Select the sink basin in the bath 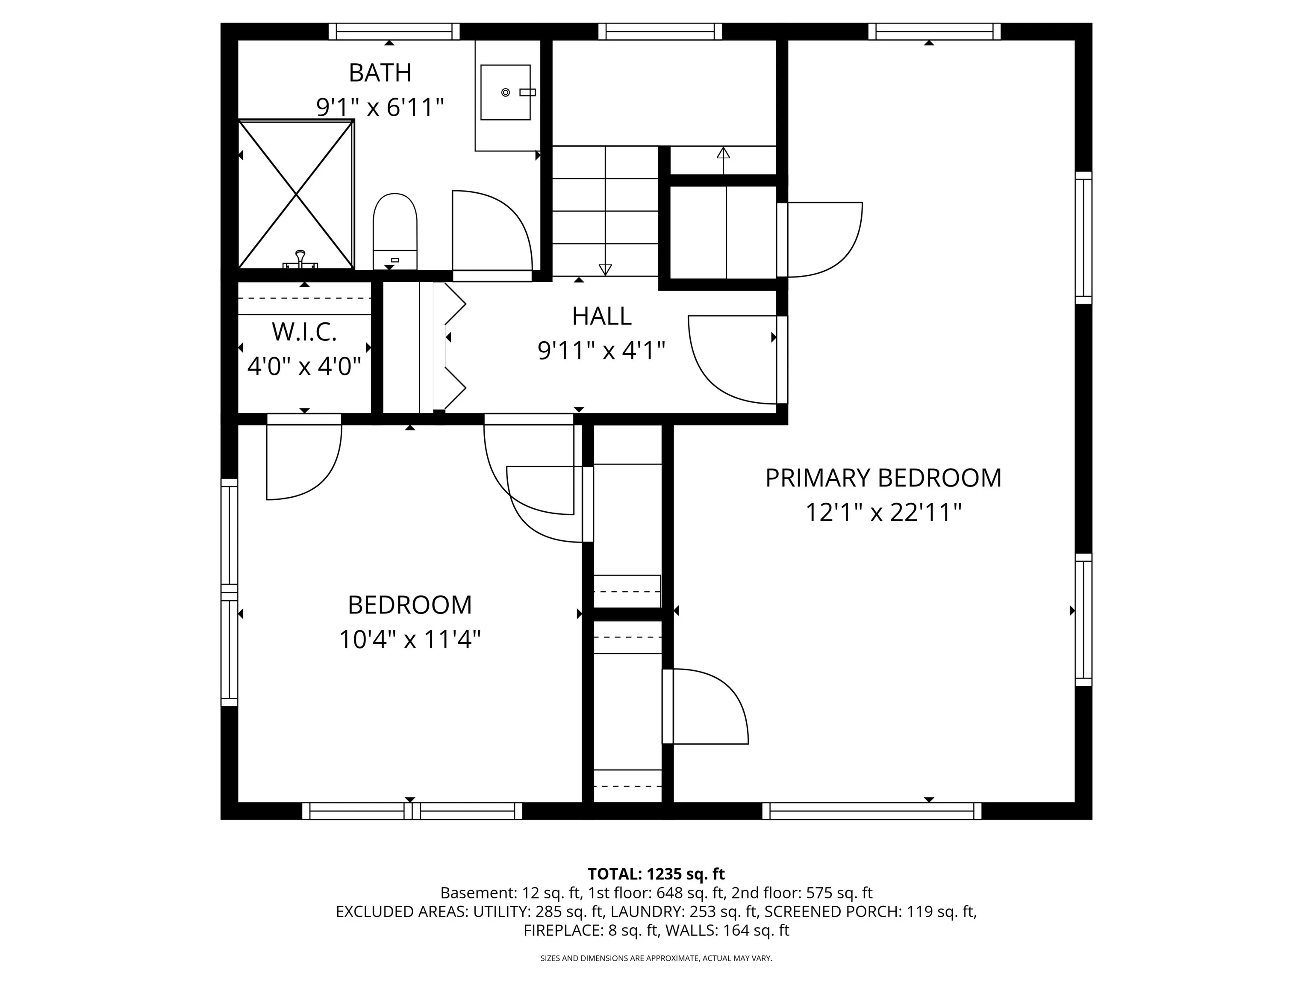[x=505, y=93]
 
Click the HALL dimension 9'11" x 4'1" [x=601, y=351]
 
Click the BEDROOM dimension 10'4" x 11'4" [x=409, y=640]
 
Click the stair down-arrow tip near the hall [x=605, y=274]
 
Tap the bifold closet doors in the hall [x=455, y=347]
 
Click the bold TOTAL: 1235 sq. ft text [x=656, y=874]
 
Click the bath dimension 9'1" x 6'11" [x=380, y=107]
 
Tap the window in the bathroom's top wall [x=394, y=32]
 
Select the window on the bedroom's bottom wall [x=412, y=811]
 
